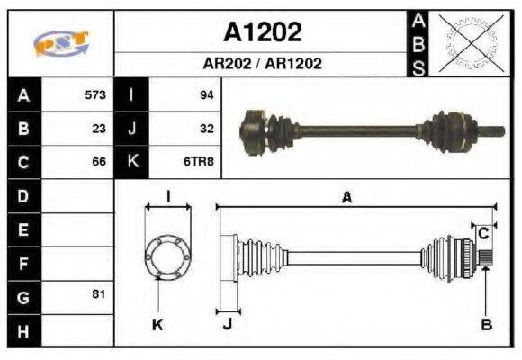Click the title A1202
[263, 32]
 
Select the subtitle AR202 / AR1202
[263, 64]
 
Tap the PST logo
[60, 43]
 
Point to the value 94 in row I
[206, 94]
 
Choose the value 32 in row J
[206, 128]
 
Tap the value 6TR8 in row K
[200, 162]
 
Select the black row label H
[22, 329]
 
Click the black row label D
[22, 195]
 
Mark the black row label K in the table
[132, 162]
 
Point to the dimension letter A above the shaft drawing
[346, 199]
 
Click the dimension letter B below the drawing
[486, 325]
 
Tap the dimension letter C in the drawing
[483, 233]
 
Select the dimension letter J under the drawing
[227, 325]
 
